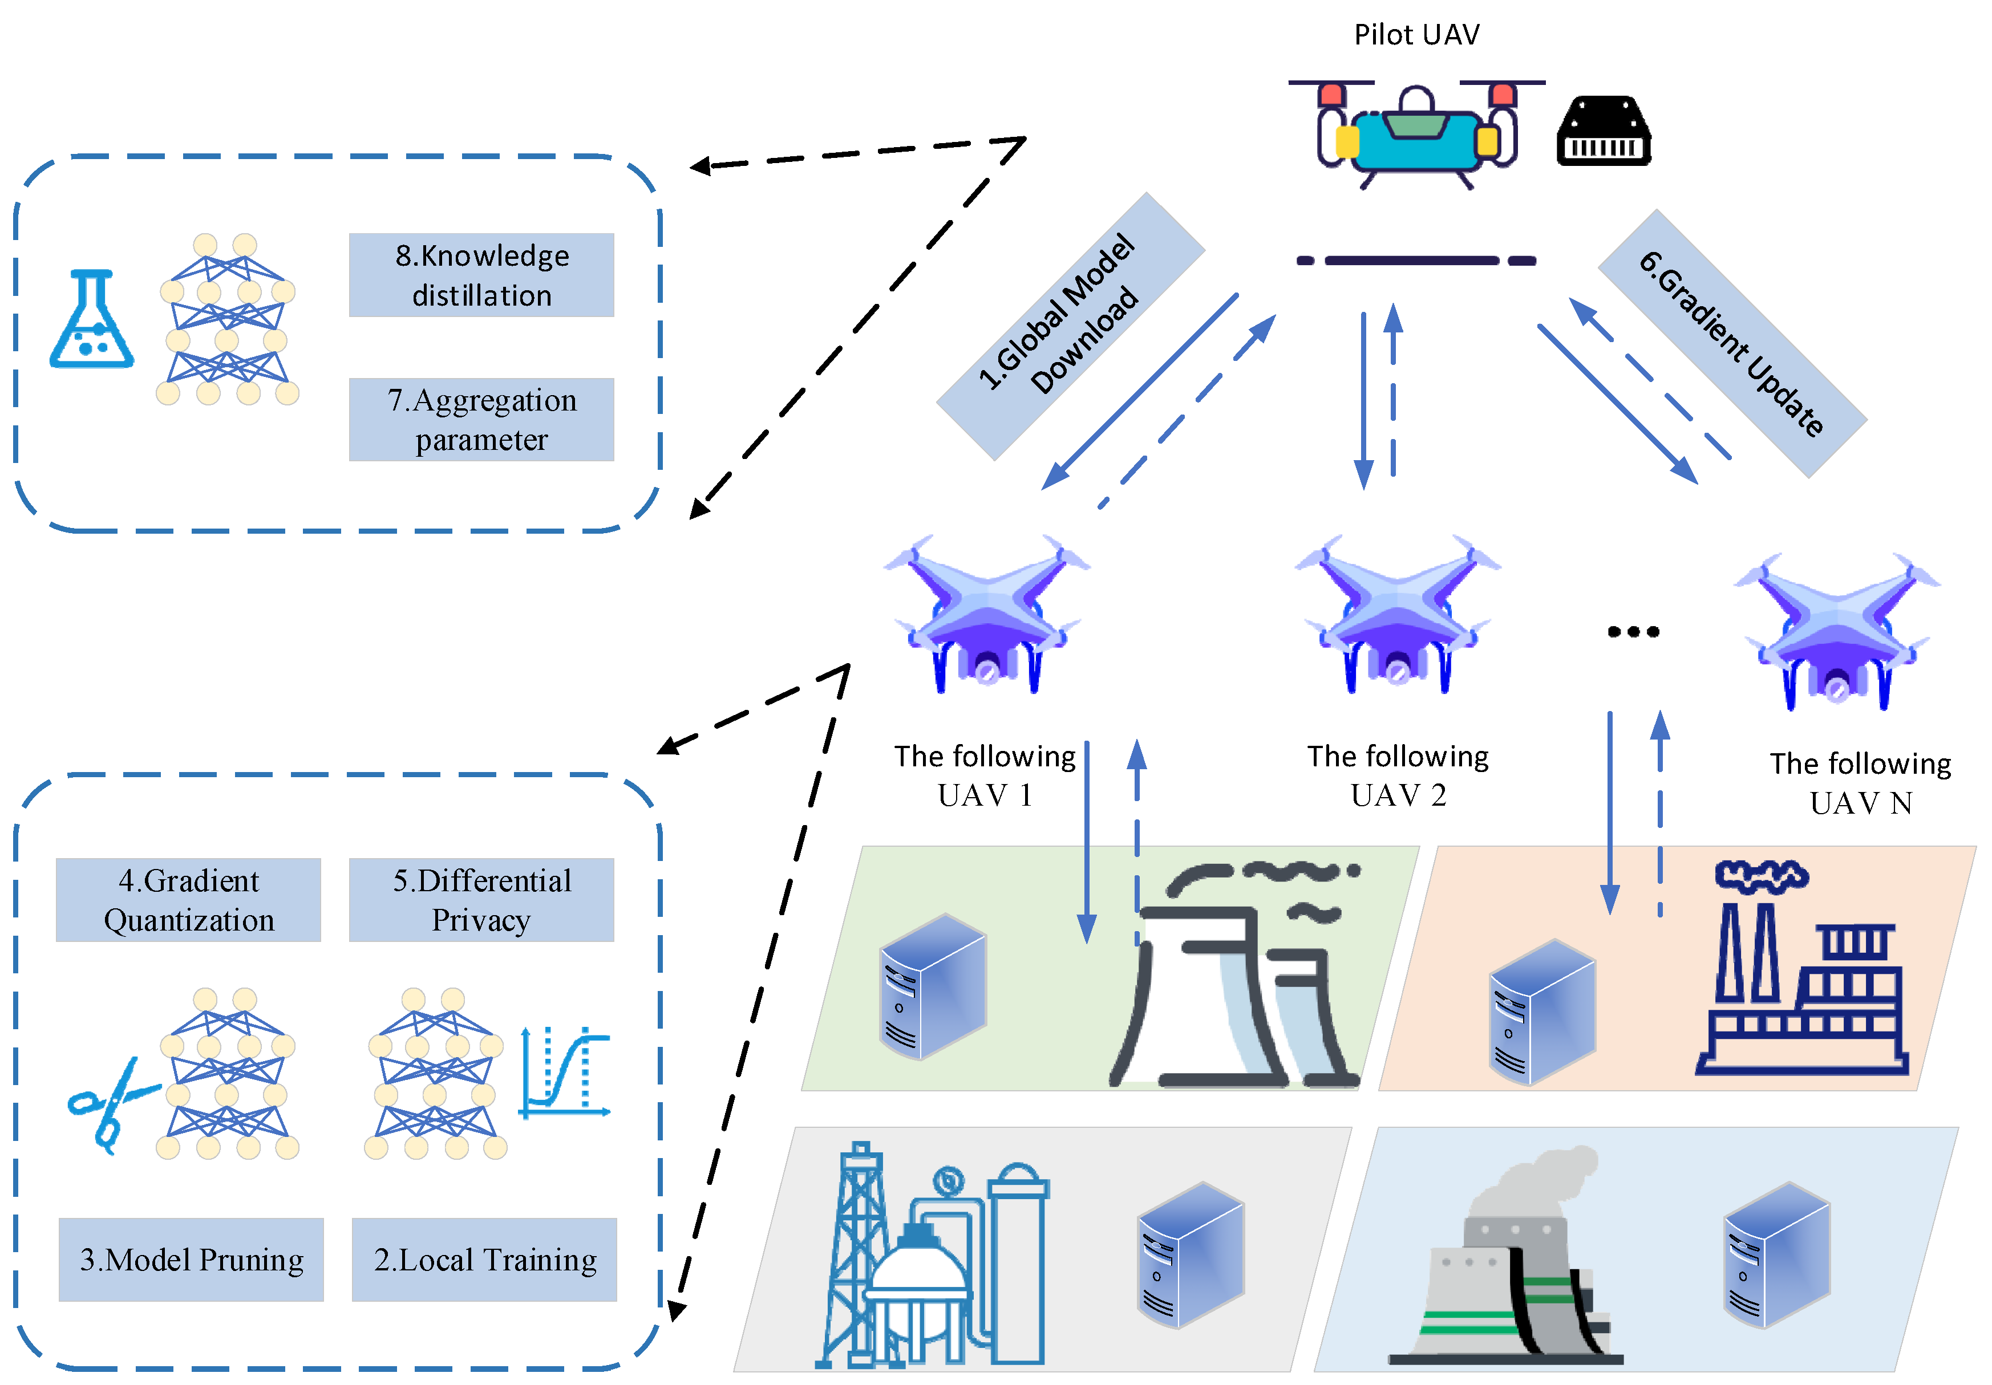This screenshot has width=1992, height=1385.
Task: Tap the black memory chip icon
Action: click(1604, 132)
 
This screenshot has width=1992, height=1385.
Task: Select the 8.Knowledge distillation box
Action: click(481, 275)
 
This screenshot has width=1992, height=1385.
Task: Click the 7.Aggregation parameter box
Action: click(481, 420)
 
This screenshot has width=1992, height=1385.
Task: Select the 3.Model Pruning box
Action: click(191, 1259)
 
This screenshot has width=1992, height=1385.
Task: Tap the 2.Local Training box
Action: click(484, 1259)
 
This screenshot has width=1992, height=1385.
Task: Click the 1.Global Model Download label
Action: click(1070, 326)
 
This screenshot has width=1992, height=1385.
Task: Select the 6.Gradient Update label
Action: click(1732, 343)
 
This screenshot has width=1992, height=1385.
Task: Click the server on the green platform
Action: click(933, 986)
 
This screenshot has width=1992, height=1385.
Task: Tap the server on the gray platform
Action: click(1191, 1255)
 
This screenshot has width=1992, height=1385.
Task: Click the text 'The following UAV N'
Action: click(1860, 783)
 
